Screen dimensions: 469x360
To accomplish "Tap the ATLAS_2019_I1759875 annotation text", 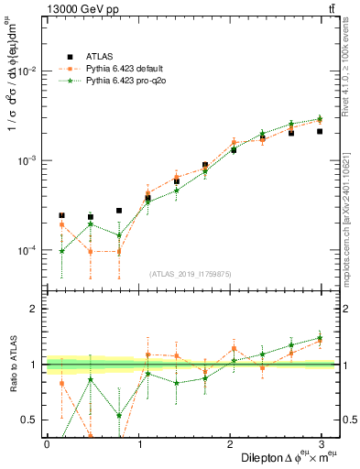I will tap(191, 273).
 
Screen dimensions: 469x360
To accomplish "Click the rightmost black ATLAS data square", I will tap(320, 131).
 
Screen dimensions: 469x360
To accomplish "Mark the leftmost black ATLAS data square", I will tap(61, 215).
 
